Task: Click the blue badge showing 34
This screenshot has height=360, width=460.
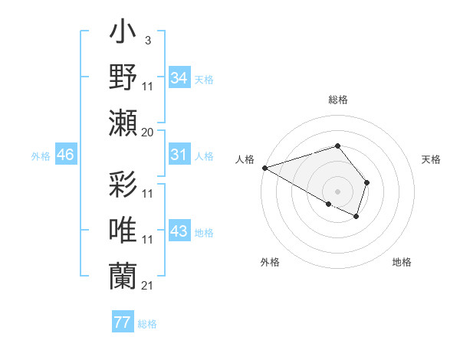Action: (179, 77)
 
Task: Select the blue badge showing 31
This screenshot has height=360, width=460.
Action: (179, 155)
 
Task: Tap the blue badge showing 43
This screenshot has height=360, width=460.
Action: (179, 231)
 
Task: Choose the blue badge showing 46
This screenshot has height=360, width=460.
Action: (66, 155)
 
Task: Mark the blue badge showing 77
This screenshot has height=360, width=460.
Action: (122, 322)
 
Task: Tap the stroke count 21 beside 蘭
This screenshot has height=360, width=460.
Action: (147, 285)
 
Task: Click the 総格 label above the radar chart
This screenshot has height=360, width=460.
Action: (337, 100)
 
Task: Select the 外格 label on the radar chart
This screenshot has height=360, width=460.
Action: (270, 262)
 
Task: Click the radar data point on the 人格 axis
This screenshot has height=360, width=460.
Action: (264, 168)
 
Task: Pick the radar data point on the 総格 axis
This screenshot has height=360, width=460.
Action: (337, 146)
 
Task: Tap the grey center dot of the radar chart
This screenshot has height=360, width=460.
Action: (337, 190)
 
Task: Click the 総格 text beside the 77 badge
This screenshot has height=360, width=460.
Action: (147, 324)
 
